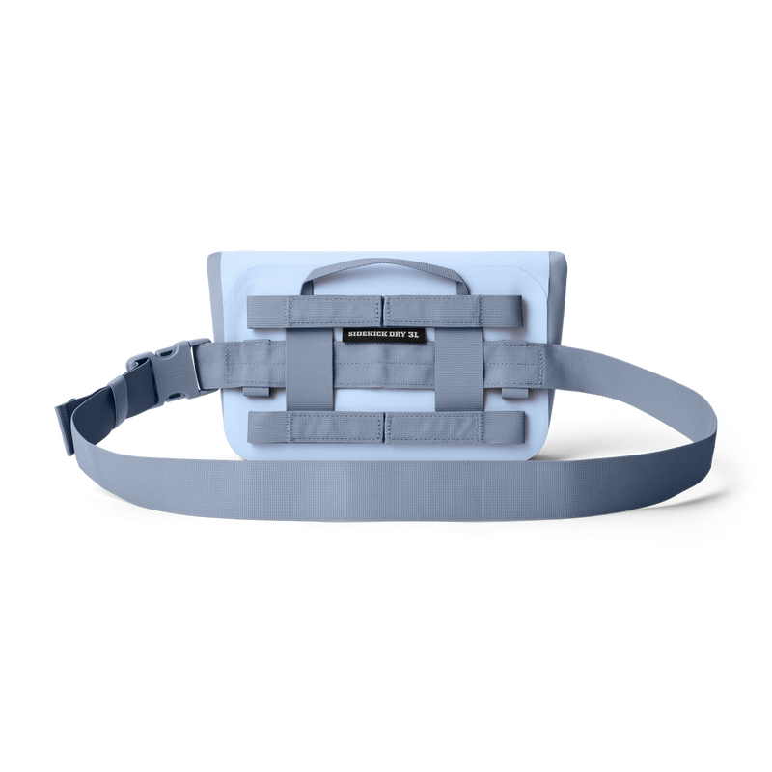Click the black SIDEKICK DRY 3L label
(x=382, y=334)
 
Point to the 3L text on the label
(x=413, y=334)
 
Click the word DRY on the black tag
(x=397, y=334)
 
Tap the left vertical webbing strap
(x=306, y=369)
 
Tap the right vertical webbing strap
(x=457, y=369)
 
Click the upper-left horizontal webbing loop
(x=316, y=312)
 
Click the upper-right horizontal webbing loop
(x=453, y=312)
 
